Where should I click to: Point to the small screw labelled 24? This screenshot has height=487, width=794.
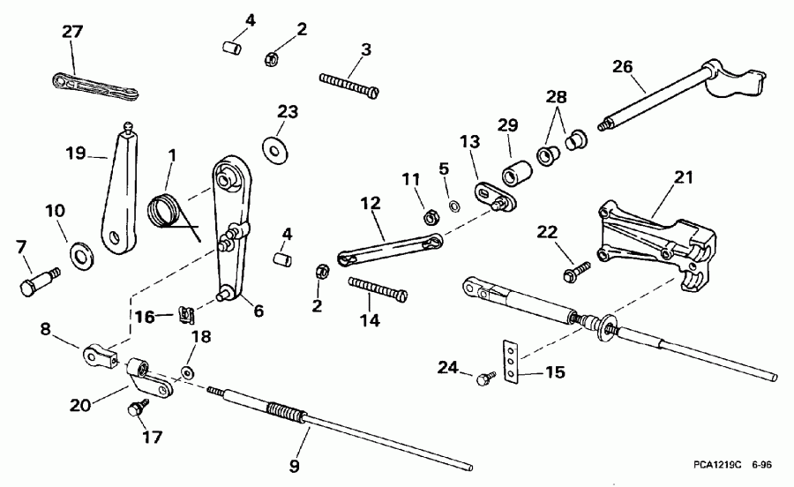click(x=483, y=379)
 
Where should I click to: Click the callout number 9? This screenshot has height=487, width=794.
click(x=296, y=465)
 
